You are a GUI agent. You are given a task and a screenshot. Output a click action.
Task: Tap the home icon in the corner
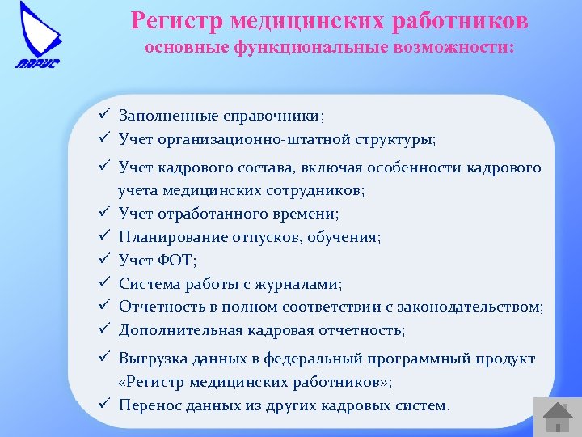pos(557,415)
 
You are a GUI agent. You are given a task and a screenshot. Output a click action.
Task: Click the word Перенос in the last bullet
pos(147,405)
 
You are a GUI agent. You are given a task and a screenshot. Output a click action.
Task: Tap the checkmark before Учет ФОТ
pos(105,261)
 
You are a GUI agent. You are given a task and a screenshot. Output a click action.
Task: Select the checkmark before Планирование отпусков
pos(105,237)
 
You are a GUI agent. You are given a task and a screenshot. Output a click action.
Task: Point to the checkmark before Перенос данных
pos(105,405)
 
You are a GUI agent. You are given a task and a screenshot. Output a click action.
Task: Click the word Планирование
pos(168,238)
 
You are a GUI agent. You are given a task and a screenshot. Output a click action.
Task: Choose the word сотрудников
pos(319,191)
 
